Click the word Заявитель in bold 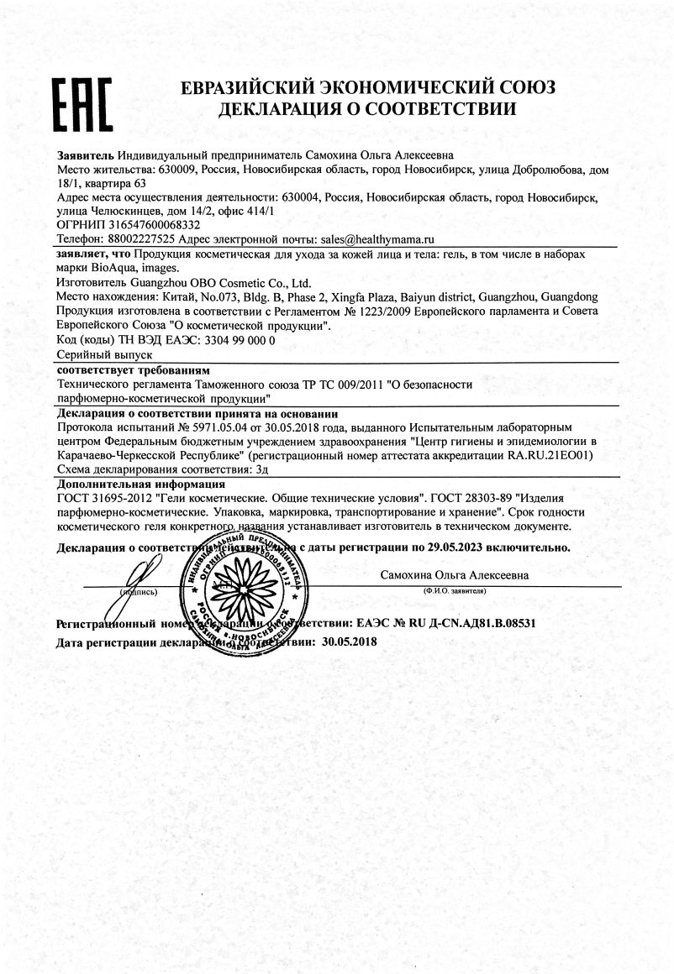(86, 155)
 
